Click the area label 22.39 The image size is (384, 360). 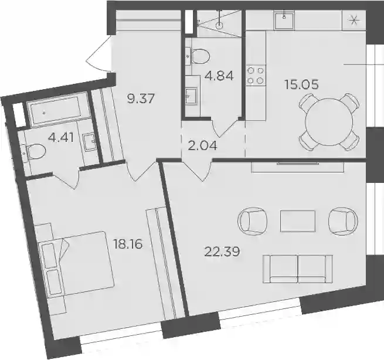222,252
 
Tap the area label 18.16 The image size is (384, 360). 127,244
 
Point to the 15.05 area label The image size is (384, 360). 301,85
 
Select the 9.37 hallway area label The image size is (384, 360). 141,99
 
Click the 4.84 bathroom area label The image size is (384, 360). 219,76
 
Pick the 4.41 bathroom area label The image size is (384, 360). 61,138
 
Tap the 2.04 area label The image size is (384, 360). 202,146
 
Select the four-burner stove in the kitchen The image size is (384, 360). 256,76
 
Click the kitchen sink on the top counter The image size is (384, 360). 284,21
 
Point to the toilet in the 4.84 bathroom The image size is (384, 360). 200,56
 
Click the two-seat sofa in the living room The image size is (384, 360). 298,269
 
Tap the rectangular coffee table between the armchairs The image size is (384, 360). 298,221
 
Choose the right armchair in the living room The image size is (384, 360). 343,221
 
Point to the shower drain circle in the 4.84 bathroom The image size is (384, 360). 219,25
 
